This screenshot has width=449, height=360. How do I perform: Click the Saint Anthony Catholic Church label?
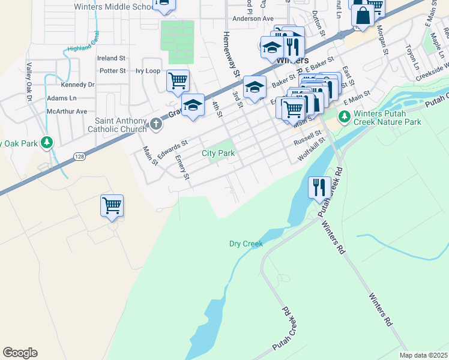117,124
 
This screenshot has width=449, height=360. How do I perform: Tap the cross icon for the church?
156,124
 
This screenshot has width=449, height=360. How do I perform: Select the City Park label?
218,154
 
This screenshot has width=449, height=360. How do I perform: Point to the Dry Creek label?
246,244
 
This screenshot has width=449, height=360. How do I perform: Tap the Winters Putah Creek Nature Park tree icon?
345,115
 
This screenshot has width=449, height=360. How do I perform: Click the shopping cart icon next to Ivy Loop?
178,80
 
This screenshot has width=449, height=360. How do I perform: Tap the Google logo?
20,353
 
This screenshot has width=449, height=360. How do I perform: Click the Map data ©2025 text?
423,355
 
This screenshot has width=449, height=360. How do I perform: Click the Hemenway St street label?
232,54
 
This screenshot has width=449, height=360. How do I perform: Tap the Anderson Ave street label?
253,19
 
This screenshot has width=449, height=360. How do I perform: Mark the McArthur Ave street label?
67,111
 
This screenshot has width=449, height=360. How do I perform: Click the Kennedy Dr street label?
78,85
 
